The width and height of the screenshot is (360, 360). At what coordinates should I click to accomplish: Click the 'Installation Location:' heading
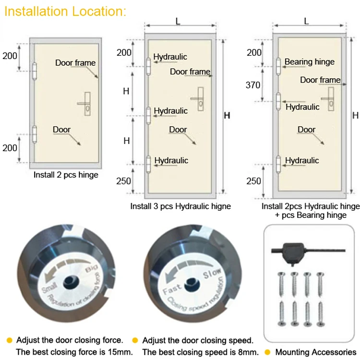pos(65,12)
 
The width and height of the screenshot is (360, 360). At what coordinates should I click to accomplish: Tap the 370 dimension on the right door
pos(253,85)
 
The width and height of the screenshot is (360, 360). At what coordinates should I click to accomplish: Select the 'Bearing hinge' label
pos(309,62)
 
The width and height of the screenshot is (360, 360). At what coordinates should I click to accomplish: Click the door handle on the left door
pos(86,103)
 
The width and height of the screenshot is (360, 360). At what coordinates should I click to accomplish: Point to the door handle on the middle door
pos(198,98)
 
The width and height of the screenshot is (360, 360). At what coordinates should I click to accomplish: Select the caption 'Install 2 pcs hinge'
pos(66,175)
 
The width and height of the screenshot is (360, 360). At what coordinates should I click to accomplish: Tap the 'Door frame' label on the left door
pos(75,63)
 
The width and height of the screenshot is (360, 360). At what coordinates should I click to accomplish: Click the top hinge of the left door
pos(34,71)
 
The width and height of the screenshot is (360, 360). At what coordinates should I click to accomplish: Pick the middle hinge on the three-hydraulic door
pos(149,115)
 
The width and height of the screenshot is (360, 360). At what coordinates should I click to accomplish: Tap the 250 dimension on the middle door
pos(123,180)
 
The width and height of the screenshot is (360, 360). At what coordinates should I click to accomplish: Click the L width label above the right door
pos(306,21)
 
